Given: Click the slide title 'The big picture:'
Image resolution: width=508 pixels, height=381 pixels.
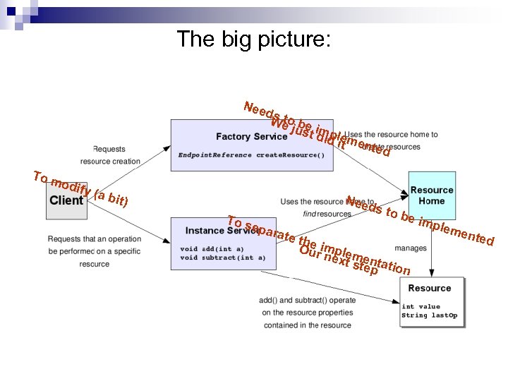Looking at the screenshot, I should [x=253, y=39].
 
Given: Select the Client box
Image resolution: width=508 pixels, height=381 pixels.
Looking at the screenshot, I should [x=66, y=200].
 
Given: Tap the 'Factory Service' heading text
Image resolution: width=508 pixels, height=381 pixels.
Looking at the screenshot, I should [x=251, y=136].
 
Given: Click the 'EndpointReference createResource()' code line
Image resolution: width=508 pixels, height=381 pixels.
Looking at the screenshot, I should [x=251, y=155].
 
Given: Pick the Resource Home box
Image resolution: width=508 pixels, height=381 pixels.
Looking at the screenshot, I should [x=432, y=195].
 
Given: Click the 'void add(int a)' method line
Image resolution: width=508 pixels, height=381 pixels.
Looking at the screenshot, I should [x=212, y=248].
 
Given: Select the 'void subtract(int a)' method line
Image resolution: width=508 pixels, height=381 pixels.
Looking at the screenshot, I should [x=223, y=258].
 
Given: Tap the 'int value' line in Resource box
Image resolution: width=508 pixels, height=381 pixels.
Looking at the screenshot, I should [x=421, y=306].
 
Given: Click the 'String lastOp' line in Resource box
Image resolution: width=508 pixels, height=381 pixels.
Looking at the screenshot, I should [x=430, y=315].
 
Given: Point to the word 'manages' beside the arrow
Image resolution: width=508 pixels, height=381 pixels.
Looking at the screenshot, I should [x=410, y=248].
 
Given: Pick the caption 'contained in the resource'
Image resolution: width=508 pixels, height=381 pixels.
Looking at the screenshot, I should [x=308, y=325].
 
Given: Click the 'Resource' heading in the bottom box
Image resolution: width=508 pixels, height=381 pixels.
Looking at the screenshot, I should [x=429, y=288].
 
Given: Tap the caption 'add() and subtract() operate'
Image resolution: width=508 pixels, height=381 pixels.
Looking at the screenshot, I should [x=308, y=300].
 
